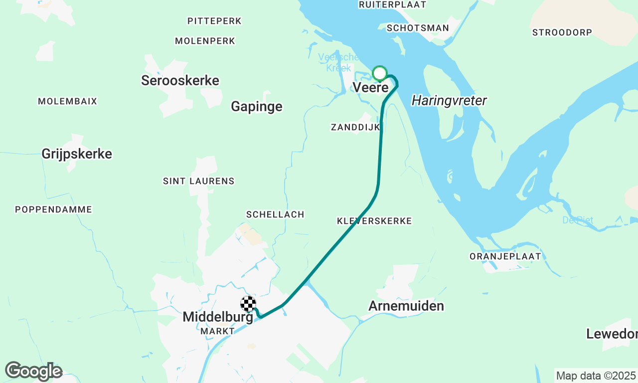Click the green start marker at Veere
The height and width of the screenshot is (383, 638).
tap(380, 74)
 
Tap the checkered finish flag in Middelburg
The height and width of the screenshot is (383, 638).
tap(248, 304)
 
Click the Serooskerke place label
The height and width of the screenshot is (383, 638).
tap(180, 80)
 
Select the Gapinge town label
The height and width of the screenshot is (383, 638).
tap(257, 106)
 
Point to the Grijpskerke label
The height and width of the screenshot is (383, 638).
tap(77, 154)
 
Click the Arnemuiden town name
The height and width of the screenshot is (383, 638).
tap(406, 306)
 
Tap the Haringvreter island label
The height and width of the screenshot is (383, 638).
tap(449, 101)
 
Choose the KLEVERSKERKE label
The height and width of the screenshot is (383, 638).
tap(374, 221)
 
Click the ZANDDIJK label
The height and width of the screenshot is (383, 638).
tap(355, 127)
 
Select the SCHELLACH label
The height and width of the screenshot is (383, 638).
tap(275, 214)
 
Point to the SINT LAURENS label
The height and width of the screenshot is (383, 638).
tap(198, 181)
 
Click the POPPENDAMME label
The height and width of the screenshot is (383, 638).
tap(54, 209)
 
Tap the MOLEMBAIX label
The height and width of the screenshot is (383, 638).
tap(68, 101)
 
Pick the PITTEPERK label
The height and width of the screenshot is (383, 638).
tap(214, 21)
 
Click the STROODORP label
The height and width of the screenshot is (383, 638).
tap(562, 32)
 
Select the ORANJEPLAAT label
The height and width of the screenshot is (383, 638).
tap(505, 256)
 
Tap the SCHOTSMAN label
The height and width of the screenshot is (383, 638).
tap(418, 28)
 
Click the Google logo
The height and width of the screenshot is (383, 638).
tap(34, 371)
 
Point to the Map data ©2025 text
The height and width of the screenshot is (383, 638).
tap(596, 376)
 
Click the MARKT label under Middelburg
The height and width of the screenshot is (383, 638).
tap(217, 331)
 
